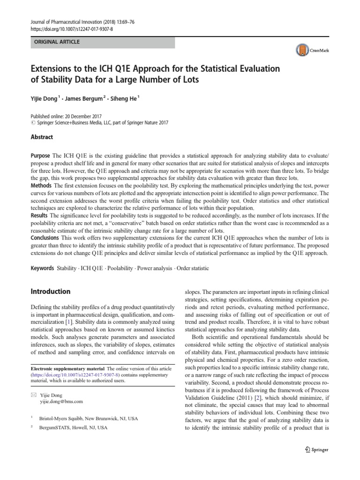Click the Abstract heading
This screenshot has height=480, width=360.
(42, 137)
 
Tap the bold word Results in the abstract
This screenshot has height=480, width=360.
(40, 214)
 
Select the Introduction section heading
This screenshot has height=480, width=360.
(50, 291)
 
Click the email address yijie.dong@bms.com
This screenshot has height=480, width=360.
(61, 402)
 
